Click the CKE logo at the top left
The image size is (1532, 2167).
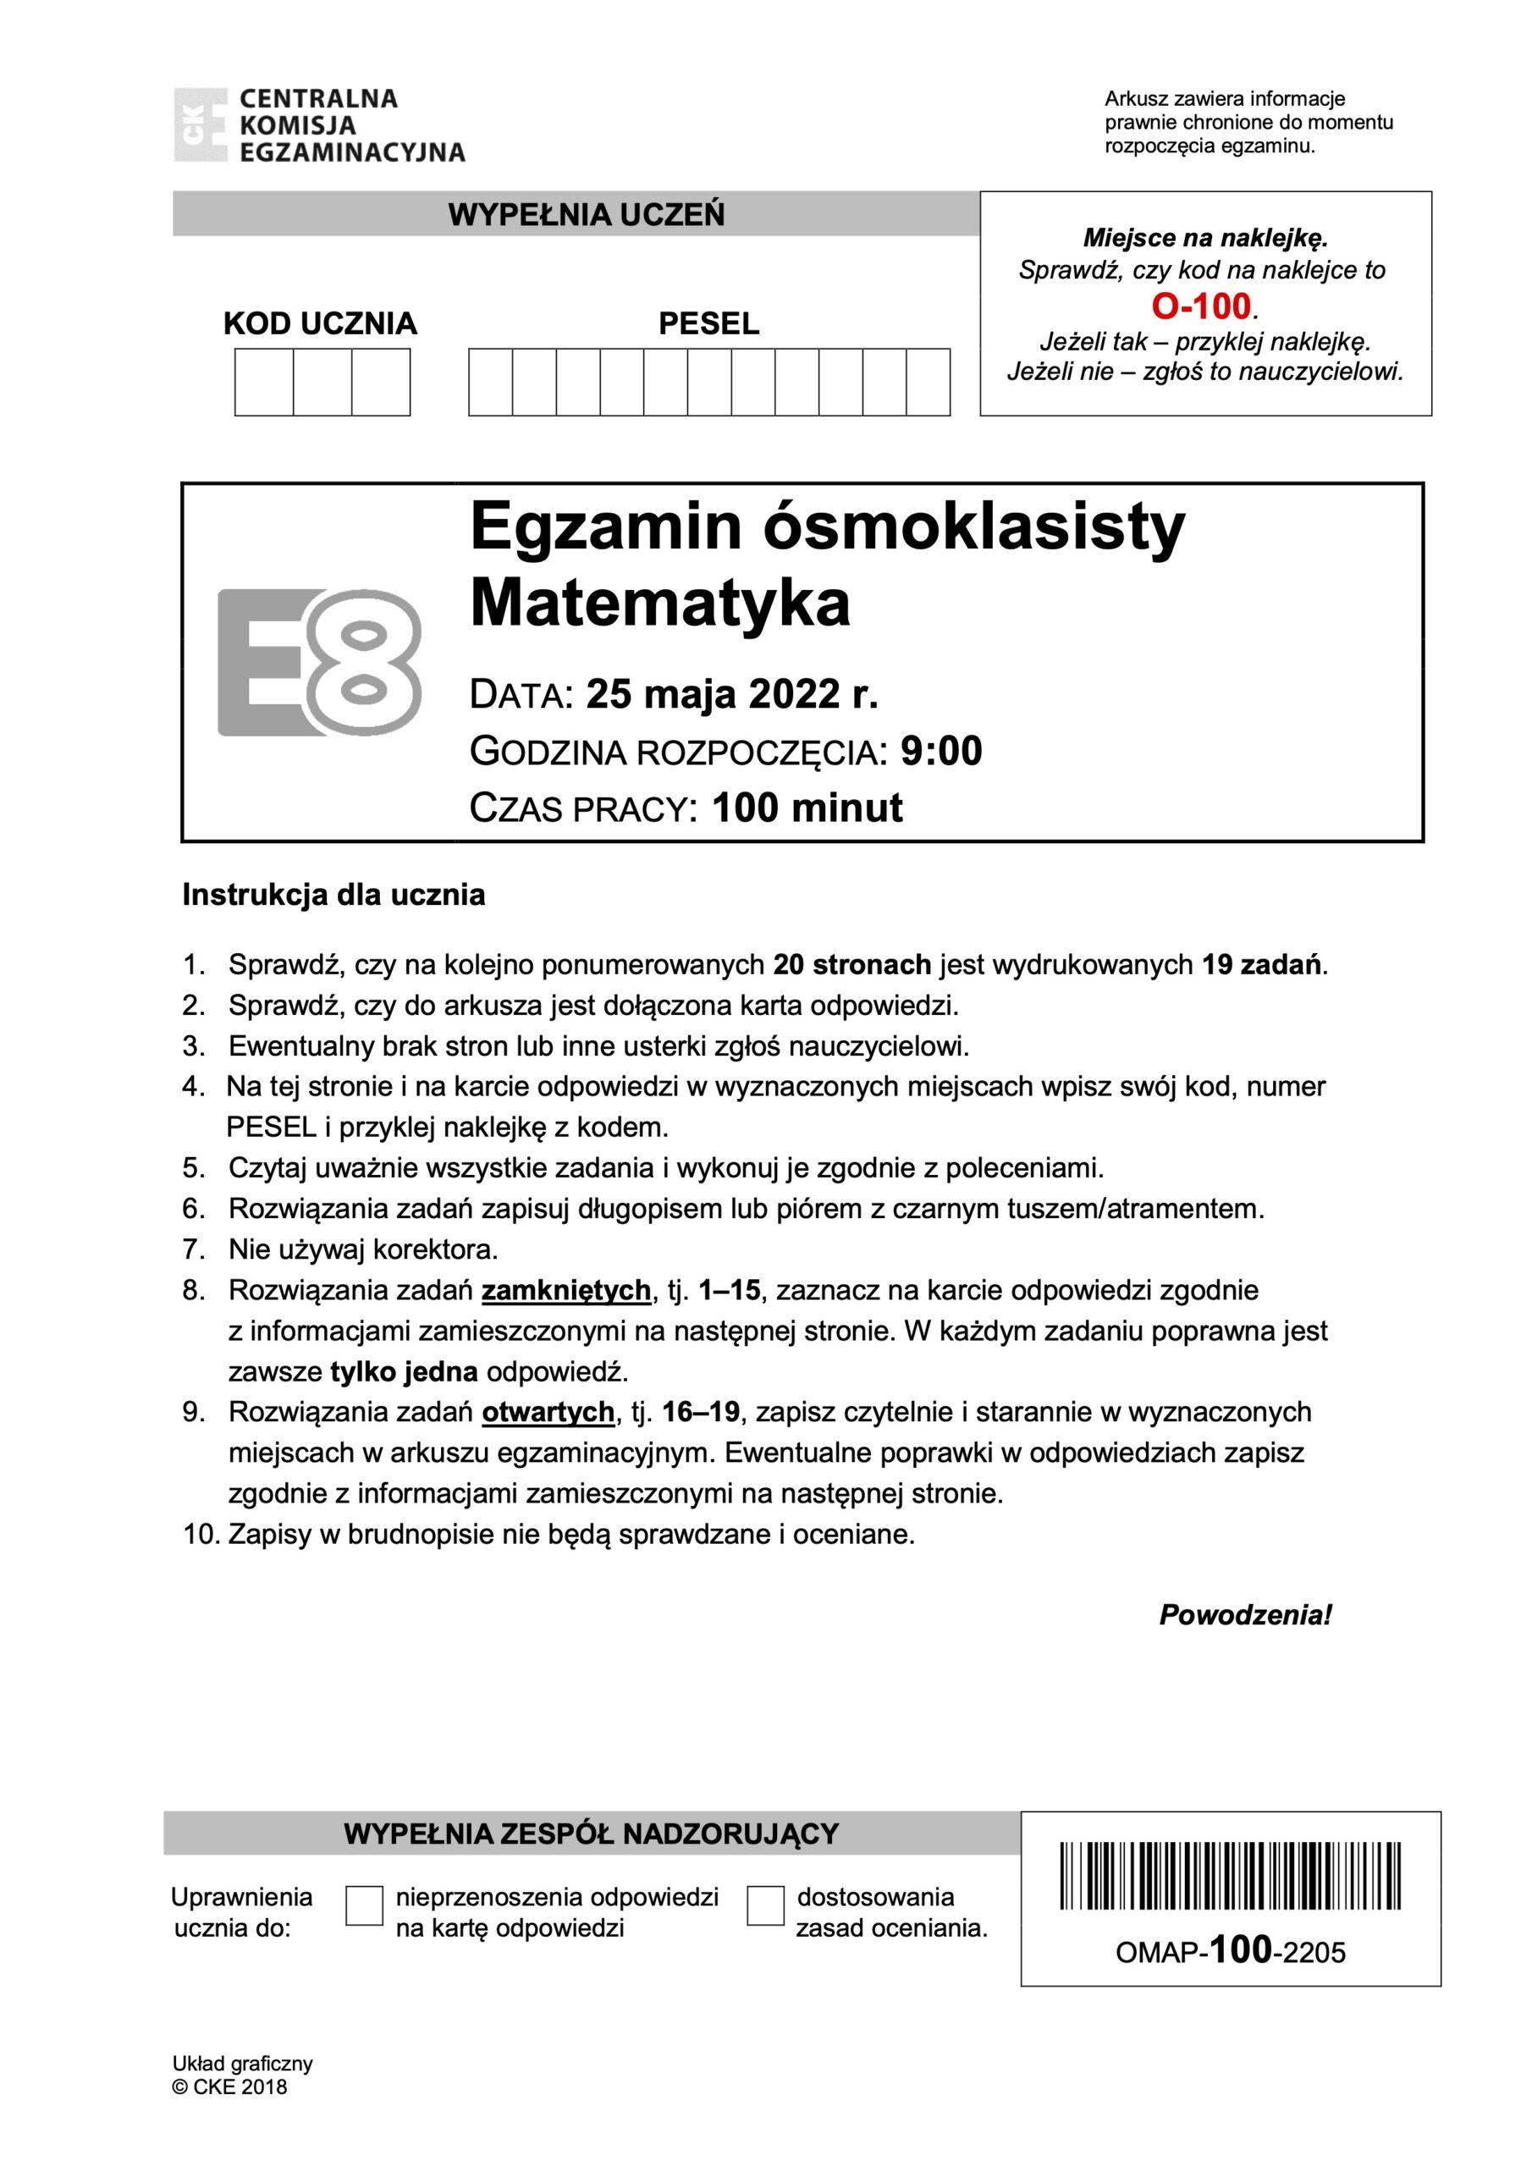click(200, 124)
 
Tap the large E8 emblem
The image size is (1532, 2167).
click(319, 663)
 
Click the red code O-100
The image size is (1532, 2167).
click(1201, 306)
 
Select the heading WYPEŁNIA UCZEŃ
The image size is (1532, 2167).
click(587, 215)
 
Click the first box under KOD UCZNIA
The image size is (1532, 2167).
click(264, 383)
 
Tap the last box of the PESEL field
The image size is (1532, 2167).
click(928, 383)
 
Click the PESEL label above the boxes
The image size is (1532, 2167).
click(708, 323)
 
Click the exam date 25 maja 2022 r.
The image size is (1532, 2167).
click(732, 695)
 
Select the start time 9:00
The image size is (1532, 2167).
click(941, 752)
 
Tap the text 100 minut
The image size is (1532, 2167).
click(807, 808)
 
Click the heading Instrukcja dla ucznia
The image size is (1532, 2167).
click(333, 895)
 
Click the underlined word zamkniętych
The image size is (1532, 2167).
click(566, 1290)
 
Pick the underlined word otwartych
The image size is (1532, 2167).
click(548, 1412)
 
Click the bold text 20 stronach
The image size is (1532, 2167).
click(851, 965)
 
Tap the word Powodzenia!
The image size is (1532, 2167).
click(1244, 1615)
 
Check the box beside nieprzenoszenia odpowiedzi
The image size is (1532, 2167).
click(364, 1905)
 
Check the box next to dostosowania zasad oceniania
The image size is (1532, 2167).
click(764, 1905)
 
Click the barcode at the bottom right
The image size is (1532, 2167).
click(1230, 1877)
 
